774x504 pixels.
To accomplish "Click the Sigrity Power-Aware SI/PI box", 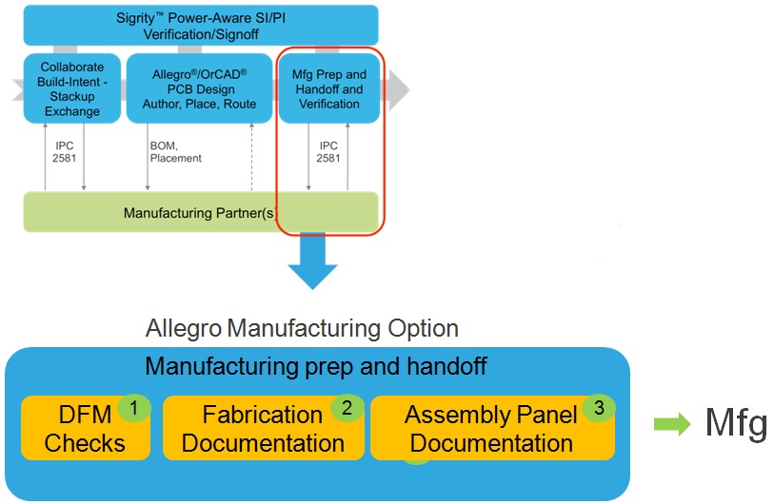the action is point(201,26).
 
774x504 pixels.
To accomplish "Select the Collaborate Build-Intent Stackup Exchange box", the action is point(72,88).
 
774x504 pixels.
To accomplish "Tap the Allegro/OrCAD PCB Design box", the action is point(199,88).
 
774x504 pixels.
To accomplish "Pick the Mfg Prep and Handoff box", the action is point(329,88).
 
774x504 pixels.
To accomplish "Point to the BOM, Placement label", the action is point(176,152).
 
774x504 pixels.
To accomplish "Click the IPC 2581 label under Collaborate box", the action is point(64,152).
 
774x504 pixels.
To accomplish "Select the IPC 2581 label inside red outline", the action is point(328,152).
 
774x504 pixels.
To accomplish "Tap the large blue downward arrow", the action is point(312,261).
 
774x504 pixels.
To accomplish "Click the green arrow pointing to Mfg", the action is point(672,423).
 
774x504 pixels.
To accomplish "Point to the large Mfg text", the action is point(736,423).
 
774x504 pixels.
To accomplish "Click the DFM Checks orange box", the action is point(86,428).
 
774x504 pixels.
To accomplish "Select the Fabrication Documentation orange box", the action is point(263,428).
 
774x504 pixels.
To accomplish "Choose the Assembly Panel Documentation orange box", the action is point(492,428).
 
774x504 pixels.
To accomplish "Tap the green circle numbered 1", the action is point(134,408).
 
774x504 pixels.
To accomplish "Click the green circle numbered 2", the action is point(347,408).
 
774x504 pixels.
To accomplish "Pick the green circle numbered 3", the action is point(599,408).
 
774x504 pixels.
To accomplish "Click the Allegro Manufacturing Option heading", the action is point(302,328).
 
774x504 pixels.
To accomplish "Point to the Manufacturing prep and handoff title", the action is point(316,366).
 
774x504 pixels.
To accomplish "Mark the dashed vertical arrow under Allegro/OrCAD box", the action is point(251,157).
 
